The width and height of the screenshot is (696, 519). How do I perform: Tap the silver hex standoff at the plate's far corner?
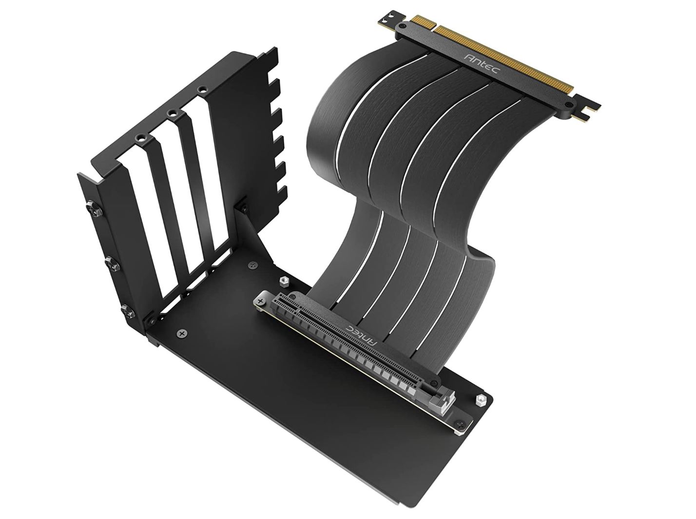(x=479, y=401)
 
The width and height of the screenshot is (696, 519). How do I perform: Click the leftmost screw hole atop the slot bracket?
(x=141, y=138)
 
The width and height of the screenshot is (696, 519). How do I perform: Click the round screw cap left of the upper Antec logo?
(x=403, y=26)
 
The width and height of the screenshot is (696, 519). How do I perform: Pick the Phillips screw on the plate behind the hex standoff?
(x=252, y=264)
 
